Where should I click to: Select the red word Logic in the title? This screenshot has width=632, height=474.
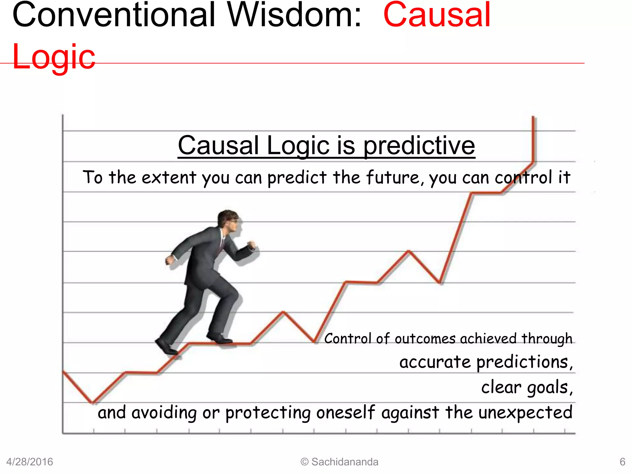[54, 57]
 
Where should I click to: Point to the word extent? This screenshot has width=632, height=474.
[169, 177]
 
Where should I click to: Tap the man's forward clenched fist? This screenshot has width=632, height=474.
[252, 246]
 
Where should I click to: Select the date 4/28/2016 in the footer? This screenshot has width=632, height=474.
[30, 462]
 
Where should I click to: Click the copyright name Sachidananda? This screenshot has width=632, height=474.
[345, 462]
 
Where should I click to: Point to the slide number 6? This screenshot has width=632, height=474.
[622, 462]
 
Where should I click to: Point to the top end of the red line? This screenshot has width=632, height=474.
[533, 117]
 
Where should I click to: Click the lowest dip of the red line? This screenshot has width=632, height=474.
[92, 402]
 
